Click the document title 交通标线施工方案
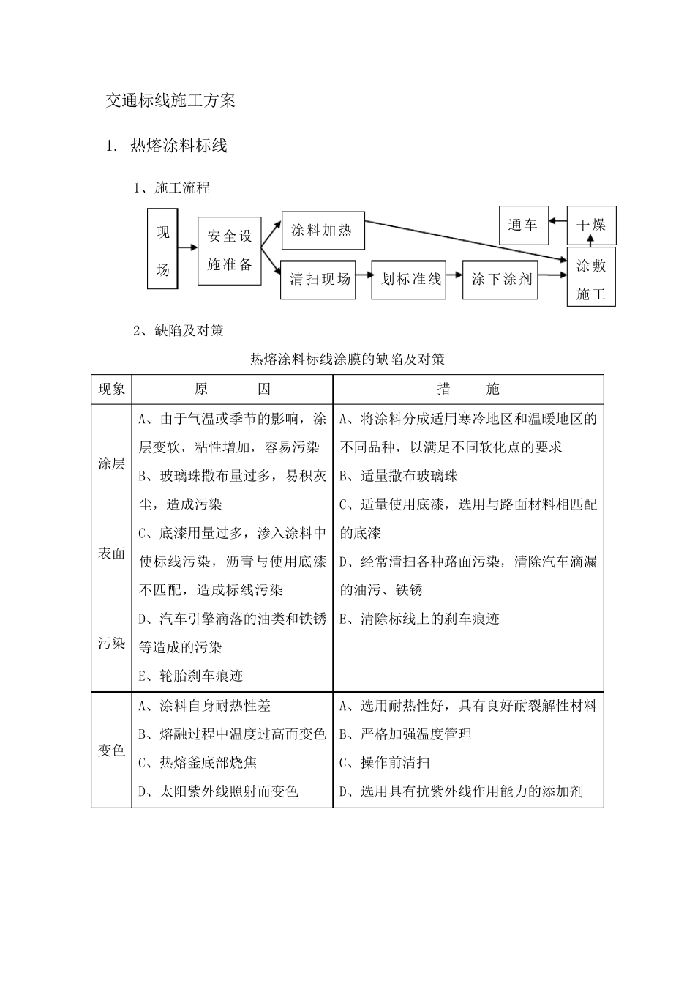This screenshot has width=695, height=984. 170,101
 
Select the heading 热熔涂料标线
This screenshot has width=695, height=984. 178,146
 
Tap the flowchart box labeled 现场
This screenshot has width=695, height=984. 162,249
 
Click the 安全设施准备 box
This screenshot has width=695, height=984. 230,250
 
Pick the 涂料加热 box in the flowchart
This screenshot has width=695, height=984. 322,231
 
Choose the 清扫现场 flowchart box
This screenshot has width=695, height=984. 318,280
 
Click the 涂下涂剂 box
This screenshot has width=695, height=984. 500,279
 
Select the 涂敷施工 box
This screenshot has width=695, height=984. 591,280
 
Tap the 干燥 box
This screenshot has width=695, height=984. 591,225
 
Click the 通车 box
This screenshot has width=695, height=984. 522,225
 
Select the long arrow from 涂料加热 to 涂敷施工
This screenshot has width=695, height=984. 466,239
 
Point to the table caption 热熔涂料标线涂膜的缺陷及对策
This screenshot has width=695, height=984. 347,359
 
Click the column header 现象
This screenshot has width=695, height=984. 111,389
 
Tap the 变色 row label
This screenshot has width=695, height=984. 111,750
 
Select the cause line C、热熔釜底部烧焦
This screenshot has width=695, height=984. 198,763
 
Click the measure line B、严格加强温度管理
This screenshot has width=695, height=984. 406,734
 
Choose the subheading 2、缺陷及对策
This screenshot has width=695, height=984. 179,330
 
